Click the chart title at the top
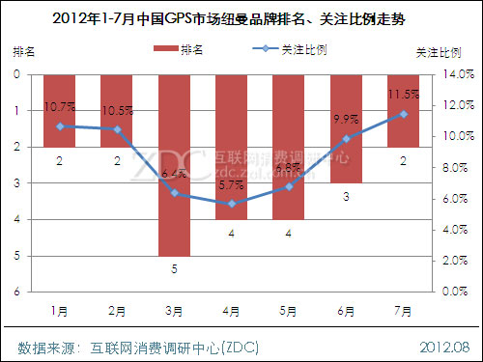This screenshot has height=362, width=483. [241, 16]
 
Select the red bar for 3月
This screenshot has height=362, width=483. [174, 164]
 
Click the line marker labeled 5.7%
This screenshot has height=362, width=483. [231, 204]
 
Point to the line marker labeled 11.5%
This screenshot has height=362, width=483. [402, 114]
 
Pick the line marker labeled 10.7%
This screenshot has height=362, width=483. [60, 126]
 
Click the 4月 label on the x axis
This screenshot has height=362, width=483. [231, 312]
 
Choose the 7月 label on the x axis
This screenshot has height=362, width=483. [402, 312]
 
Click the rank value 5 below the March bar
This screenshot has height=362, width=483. [174, 269]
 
